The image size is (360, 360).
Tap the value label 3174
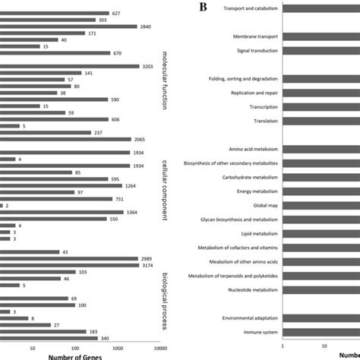pyautogui.click(x=150, y=265)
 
